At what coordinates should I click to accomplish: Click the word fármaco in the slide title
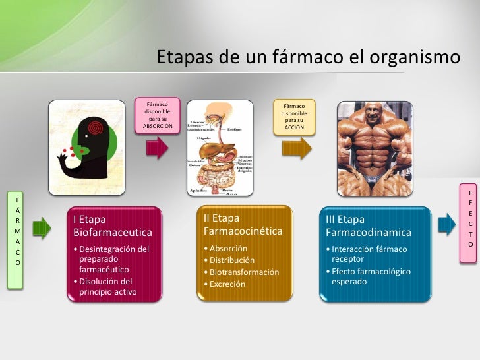(298, 58)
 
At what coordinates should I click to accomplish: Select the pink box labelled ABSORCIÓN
(158, 115)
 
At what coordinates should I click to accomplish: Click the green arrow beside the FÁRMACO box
(41, 228)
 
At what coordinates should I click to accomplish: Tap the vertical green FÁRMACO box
(18, 230)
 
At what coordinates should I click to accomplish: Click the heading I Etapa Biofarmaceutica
(113, 225)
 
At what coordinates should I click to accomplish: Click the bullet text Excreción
(227, 284)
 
